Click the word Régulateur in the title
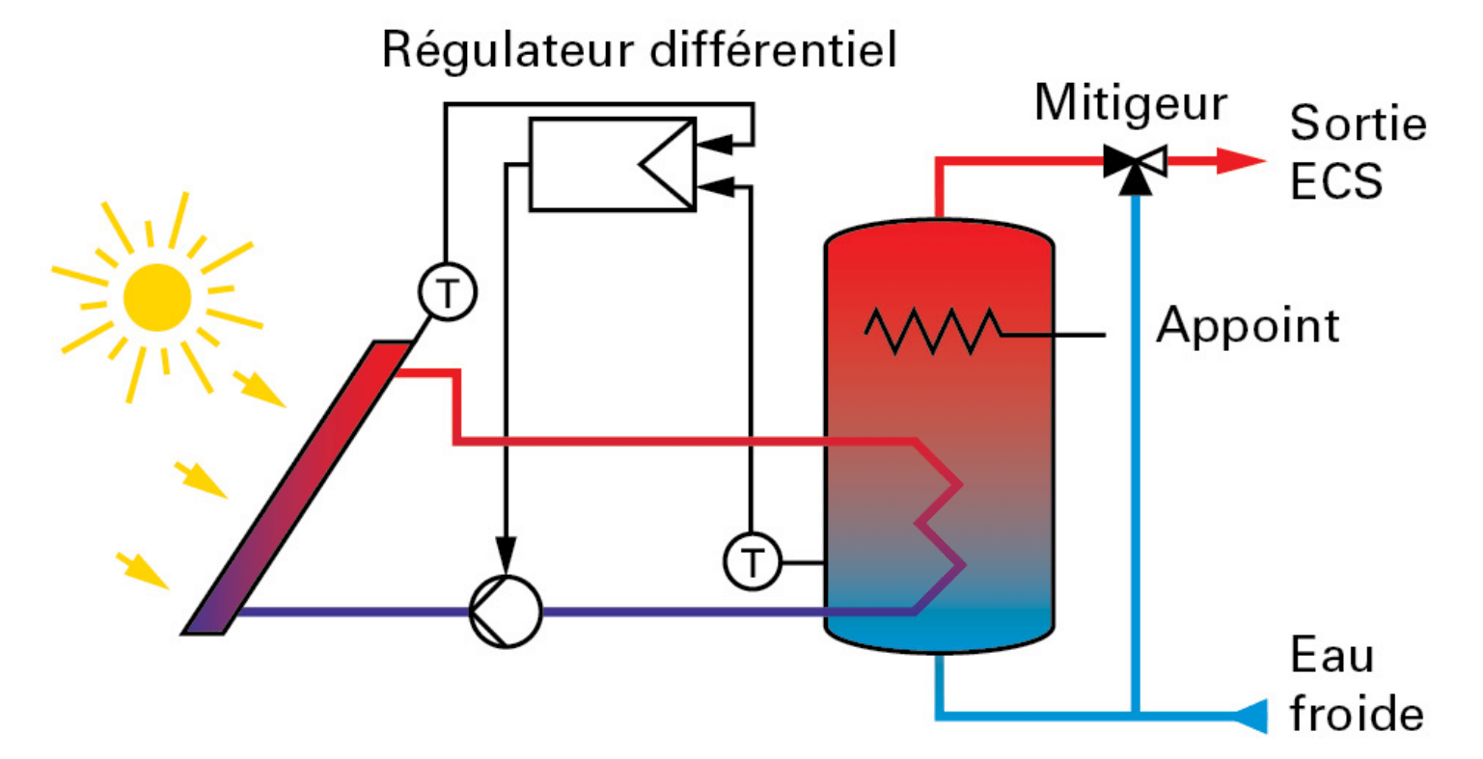[508, 50]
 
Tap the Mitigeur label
[1130, 103]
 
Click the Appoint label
[1248, 325]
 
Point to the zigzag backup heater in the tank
[932, 330]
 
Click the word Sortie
[1358, 123]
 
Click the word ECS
[1335, 180]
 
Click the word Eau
[1332, 657]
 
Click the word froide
[1357, 715]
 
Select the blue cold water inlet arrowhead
[1250, 716]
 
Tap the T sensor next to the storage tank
[753, 561]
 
